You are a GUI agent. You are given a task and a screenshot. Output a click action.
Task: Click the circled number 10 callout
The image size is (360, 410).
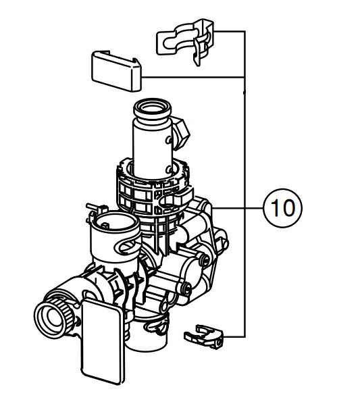[282, 208]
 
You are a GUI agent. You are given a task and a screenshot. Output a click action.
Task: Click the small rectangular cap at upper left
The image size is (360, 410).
[116, 71]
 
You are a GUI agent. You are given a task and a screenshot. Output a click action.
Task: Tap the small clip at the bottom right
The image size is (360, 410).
[204, 337]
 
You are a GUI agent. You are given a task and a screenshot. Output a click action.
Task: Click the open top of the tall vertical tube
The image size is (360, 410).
[153, 109]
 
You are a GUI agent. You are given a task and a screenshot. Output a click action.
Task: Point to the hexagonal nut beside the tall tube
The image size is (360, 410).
[181, 133]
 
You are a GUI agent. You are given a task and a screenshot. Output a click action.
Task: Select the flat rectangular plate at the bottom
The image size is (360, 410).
[102, 341]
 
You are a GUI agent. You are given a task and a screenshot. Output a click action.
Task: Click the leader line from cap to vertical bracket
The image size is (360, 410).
[193, 77]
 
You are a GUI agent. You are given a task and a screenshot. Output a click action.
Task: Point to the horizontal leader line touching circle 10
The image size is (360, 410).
[238, 208]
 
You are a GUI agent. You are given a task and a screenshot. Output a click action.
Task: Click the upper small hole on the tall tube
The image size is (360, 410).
[168, 140]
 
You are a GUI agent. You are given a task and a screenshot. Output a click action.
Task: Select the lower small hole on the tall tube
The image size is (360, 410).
[169, 170]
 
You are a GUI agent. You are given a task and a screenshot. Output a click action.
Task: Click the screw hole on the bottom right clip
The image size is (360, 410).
[218, 342]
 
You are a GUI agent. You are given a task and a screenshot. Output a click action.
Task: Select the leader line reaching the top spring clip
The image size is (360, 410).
[230, 31]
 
